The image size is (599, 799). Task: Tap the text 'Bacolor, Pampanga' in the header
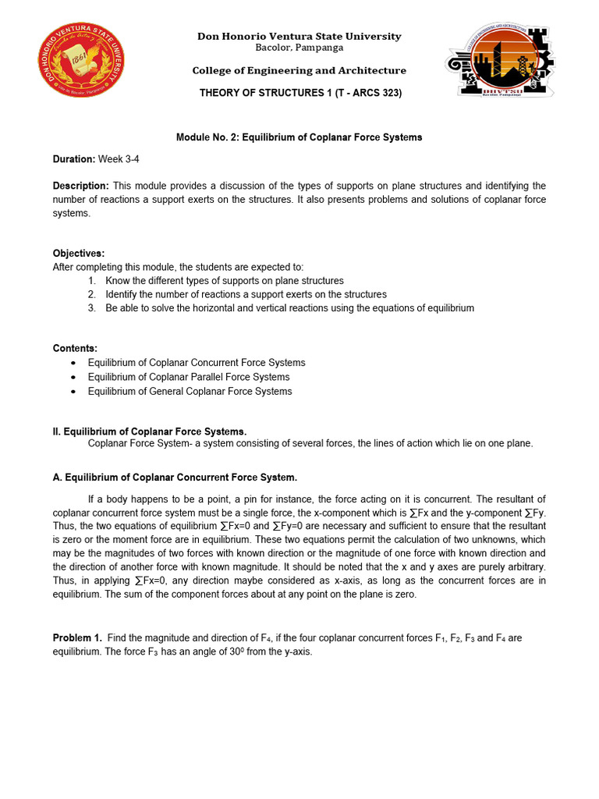tap(299, 48)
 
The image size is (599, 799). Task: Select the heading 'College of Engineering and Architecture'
tap(299, 71)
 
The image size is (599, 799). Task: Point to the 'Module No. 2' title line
tap(299, 137)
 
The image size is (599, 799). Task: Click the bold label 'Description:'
tap(81, 186)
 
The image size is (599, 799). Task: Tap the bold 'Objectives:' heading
tap(79, 254)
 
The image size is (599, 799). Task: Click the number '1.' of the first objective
tap(91, 281)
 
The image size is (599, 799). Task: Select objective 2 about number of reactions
tap(246, 294)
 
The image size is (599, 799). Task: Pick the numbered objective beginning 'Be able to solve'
tap(289, 308)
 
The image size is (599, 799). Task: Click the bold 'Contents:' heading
tap(75, 348)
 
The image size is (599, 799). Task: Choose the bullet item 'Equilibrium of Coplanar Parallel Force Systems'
tap(188, 377)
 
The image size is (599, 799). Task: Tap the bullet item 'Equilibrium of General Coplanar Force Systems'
tap(190, 391)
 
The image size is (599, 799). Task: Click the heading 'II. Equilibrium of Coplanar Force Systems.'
tap(150, 431)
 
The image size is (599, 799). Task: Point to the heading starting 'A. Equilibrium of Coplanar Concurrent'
tap(175, 478)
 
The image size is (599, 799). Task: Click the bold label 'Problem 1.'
tap(77, 638)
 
